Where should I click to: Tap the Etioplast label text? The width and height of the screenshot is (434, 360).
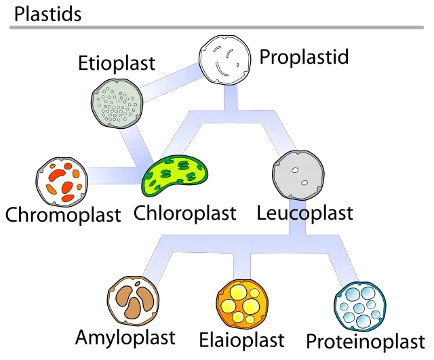click(x=116, y=63)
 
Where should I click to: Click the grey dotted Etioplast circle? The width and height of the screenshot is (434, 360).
click(x=117, y=102)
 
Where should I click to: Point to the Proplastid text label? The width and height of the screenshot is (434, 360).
click(x=304, y=56)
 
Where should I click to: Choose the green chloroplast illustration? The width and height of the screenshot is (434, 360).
click(x=176, y=176)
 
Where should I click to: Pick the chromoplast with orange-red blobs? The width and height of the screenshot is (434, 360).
click(x=62, y=181)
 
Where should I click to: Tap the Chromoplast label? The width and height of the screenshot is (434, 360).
click(x=63, y=215)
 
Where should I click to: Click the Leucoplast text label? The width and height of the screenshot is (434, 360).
click(x=305, y=212)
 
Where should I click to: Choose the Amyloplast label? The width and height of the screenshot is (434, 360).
click(x=125, y=337)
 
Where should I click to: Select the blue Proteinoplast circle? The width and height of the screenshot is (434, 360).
click(x=360, y=306)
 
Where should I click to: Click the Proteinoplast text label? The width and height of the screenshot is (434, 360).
click(x=366, y=340)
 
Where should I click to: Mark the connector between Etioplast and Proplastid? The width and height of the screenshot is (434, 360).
click(x=171, y=81)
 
